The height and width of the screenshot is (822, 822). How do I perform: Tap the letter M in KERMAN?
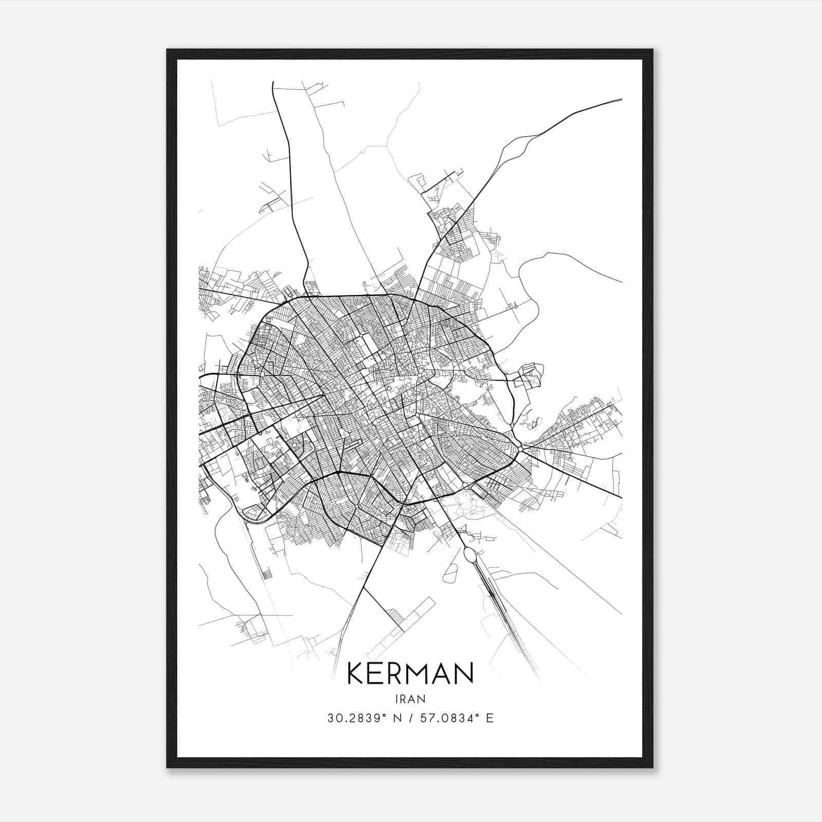(x=426, y=674)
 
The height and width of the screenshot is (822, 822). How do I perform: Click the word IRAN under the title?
(x=410, y=699)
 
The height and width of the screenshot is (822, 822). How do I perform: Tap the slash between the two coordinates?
(x=410, y=718)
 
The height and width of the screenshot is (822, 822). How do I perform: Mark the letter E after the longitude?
(x=490, y=718)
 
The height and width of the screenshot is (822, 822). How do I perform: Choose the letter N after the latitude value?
(x=397, y=718)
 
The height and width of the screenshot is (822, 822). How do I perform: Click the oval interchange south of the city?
(x=470, y=555)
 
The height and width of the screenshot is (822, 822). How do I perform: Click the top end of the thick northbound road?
(x=273, y=83)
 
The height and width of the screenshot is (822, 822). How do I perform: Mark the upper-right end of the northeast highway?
(x=621, y=100)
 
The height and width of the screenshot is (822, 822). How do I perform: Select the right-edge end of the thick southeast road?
(x=621, y=497)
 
